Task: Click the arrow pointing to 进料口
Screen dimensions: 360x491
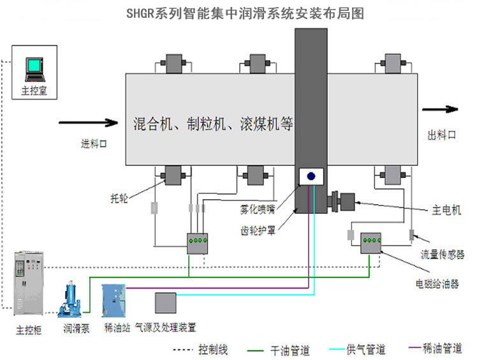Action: tap(89, 121)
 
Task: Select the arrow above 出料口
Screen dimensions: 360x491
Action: tap(441, 110)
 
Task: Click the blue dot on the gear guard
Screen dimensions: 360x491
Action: tap(312, 177)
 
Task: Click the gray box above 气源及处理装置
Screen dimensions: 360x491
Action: tap(166, 303)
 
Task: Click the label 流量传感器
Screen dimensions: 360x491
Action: tap(443, 255)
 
